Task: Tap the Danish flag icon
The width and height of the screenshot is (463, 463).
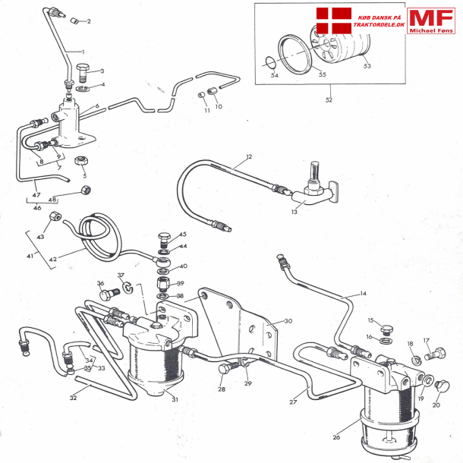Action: pyautogui.click(x=333, y=19)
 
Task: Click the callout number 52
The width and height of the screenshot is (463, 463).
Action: pyautogui.click(x=329, y=99)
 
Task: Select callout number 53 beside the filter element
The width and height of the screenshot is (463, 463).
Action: pyautogui.click(x=367, y=66)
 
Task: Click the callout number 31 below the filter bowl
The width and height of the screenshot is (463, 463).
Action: pyautogui.click(x=175, y=400)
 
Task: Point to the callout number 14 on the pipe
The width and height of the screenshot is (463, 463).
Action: pyautogui.click(x=363, y=293)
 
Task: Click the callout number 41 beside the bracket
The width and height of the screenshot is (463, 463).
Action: pyautogui.click(x=30, y=256)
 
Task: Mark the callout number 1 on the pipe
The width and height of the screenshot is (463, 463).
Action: pyautogui.click(x=82, y=51)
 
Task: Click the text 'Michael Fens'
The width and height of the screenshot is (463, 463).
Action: pyautogui.click(x=431, y=30)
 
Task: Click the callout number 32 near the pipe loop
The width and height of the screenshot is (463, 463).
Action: pyautogui.click(x=74, y=397)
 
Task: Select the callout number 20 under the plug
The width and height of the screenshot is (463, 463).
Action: pyautogui.click(x=436, y=405)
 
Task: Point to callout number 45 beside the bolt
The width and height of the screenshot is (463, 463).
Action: pyautogui.click(x=182, y=235)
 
